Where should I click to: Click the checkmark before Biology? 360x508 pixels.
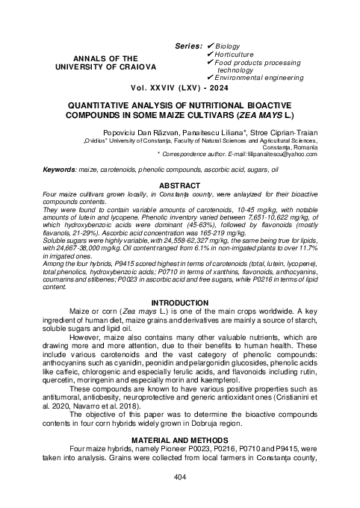[209, 46]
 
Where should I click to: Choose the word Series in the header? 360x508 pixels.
[187, 46]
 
